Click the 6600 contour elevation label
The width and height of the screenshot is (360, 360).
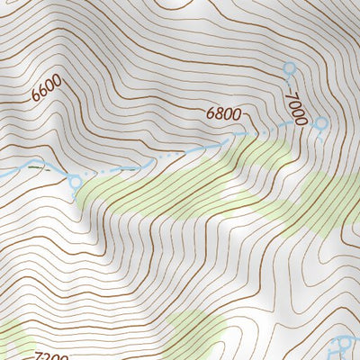pyautogui.click(x=46, y=87)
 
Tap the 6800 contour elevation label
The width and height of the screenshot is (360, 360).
pyautogui.click(x=223, y=114)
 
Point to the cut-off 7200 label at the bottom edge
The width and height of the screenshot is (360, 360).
pyautogui.click(x=52, y=356)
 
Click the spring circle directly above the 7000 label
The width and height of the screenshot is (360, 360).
pyautogui.click(x=289, y=68)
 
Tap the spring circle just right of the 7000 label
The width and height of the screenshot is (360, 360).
pyautogui.click(x=321, y=123)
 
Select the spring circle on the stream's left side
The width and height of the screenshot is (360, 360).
pyautogui.click(x=75, y=183)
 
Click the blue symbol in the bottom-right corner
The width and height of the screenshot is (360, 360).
pyautogui.click(x=347, y=346)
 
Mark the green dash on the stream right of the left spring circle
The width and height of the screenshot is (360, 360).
pyautogui.click(x=37, y=167)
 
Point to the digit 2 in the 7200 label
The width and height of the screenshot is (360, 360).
pyautogui.click(x=47, y=356)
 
